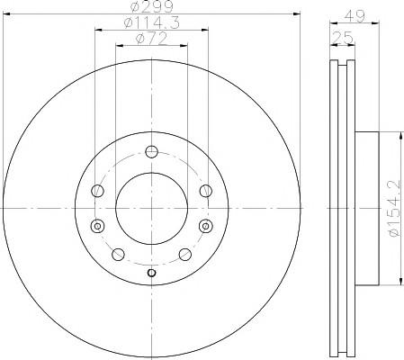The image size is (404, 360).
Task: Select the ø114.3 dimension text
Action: pos(152,22)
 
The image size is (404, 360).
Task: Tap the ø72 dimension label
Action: pos(151,39)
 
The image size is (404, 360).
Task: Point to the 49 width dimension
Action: pos(355,15)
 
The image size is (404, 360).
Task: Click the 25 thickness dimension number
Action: pos(343,38)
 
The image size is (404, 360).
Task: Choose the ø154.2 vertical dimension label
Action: pos(395,208)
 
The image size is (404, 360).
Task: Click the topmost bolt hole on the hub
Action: pos(151,151)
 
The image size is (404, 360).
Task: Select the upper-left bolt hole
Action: pos(97,191)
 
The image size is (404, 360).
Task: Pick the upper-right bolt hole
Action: pos(206,191)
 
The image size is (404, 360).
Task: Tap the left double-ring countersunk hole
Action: pos(97,226)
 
